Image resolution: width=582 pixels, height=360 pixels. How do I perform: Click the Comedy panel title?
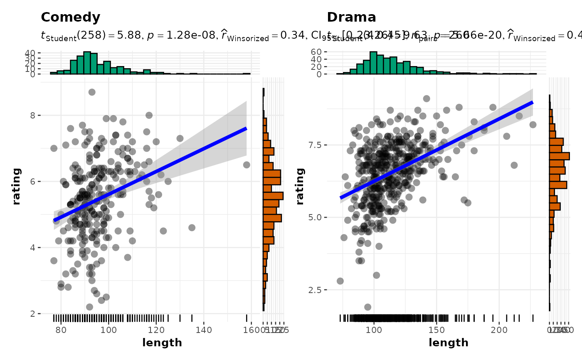(x=70, y=17)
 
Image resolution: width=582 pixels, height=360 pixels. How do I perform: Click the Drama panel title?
(x=351, y=17)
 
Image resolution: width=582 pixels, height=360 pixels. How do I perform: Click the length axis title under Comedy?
(x=162, y=343)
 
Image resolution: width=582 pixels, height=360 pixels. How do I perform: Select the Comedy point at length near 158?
(x=247, y=165)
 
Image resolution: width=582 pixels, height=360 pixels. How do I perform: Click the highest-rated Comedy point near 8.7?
(x=92, y=92)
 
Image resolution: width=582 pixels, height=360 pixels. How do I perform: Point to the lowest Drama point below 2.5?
(x=367, y=307)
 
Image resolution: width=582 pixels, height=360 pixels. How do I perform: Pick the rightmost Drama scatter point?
(x=533, y=125)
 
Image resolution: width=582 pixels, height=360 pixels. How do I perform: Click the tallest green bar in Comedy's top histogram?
(x=87, y=63)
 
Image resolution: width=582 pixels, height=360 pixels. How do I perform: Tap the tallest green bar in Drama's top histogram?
(x=373, y=63)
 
